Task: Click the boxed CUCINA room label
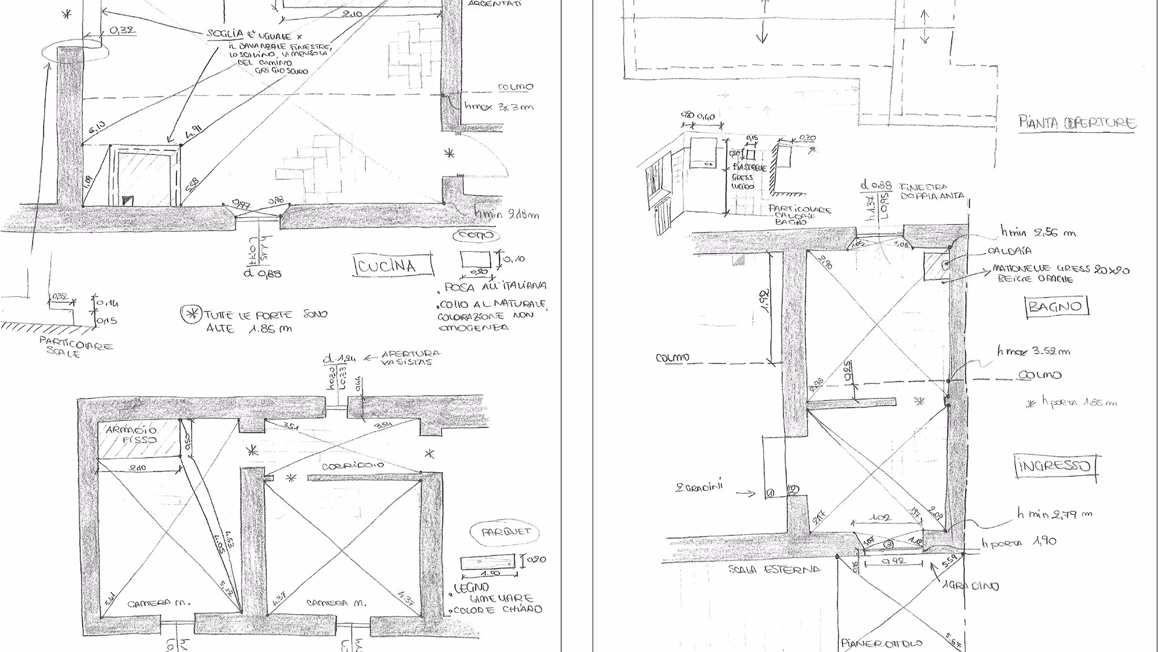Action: (393, 266)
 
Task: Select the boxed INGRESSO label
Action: (1055, 465)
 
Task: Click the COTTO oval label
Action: (477, 235)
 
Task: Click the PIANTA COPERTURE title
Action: (1077, 123)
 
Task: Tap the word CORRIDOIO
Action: (353, 466)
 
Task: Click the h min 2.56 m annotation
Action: (1037, 232)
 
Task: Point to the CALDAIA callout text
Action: (1010, 251)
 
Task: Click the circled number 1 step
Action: (770, 493)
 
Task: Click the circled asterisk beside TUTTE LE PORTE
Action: (192, 313)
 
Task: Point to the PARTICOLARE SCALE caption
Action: (76, 347)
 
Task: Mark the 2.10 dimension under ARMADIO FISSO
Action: (139, 468)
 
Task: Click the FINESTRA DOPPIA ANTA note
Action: (930, 191)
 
